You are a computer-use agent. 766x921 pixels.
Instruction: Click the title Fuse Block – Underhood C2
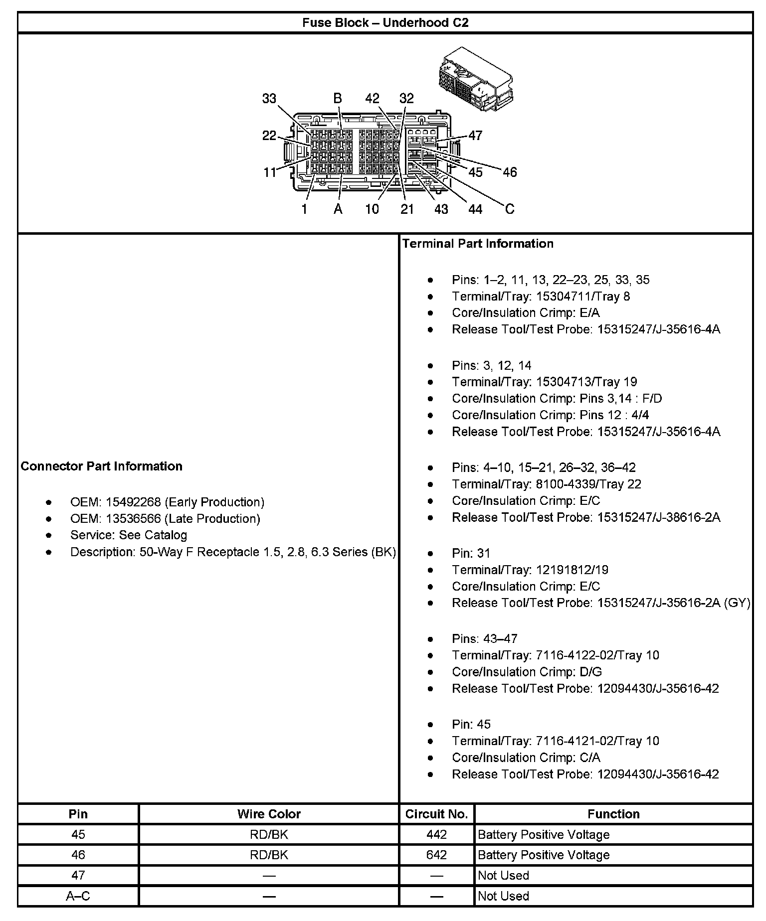coord(385,22)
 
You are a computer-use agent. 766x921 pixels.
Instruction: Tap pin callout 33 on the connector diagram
coord(269,99)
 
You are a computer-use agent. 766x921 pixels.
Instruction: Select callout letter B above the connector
coord(338,99)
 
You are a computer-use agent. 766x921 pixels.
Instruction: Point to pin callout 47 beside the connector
coord(475,135)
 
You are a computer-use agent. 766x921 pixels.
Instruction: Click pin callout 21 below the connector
coord(407,209)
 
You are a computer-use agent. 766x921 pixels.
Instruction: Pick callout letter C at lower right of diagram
coord(509,209)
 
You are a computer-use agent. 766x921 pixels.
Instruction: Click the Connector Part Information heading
coord(102,466)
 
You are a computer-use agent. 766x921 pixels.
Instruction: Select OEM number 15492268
coord(133,502)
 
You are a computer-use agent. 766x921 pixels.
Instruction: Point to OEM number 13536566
coord(133,518)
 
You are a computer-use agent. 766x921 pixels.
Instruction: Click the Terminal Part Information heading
coord(478,243)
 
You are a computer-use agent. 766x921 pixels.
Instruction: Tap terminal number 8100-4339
coord(561,484)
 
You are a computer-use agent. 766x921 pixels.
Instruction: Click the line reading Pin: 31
coord(471,553)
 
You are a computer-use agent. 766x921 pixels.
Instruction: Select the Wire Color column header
coord(269,814)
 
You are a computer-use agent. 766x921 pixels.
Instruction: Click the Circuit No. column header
coord(436,814)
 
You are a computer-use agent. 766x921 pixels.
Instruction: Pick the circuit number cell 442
coord(436,834)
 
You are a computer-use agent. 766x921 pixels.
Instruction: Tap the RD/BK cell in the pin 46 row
coord(269,855)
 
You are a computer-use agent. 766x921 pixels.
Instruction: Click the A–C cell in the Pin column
coord(78,896)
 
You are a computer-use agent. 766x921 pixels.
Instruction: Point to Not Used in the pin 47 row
coord(503,875)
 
